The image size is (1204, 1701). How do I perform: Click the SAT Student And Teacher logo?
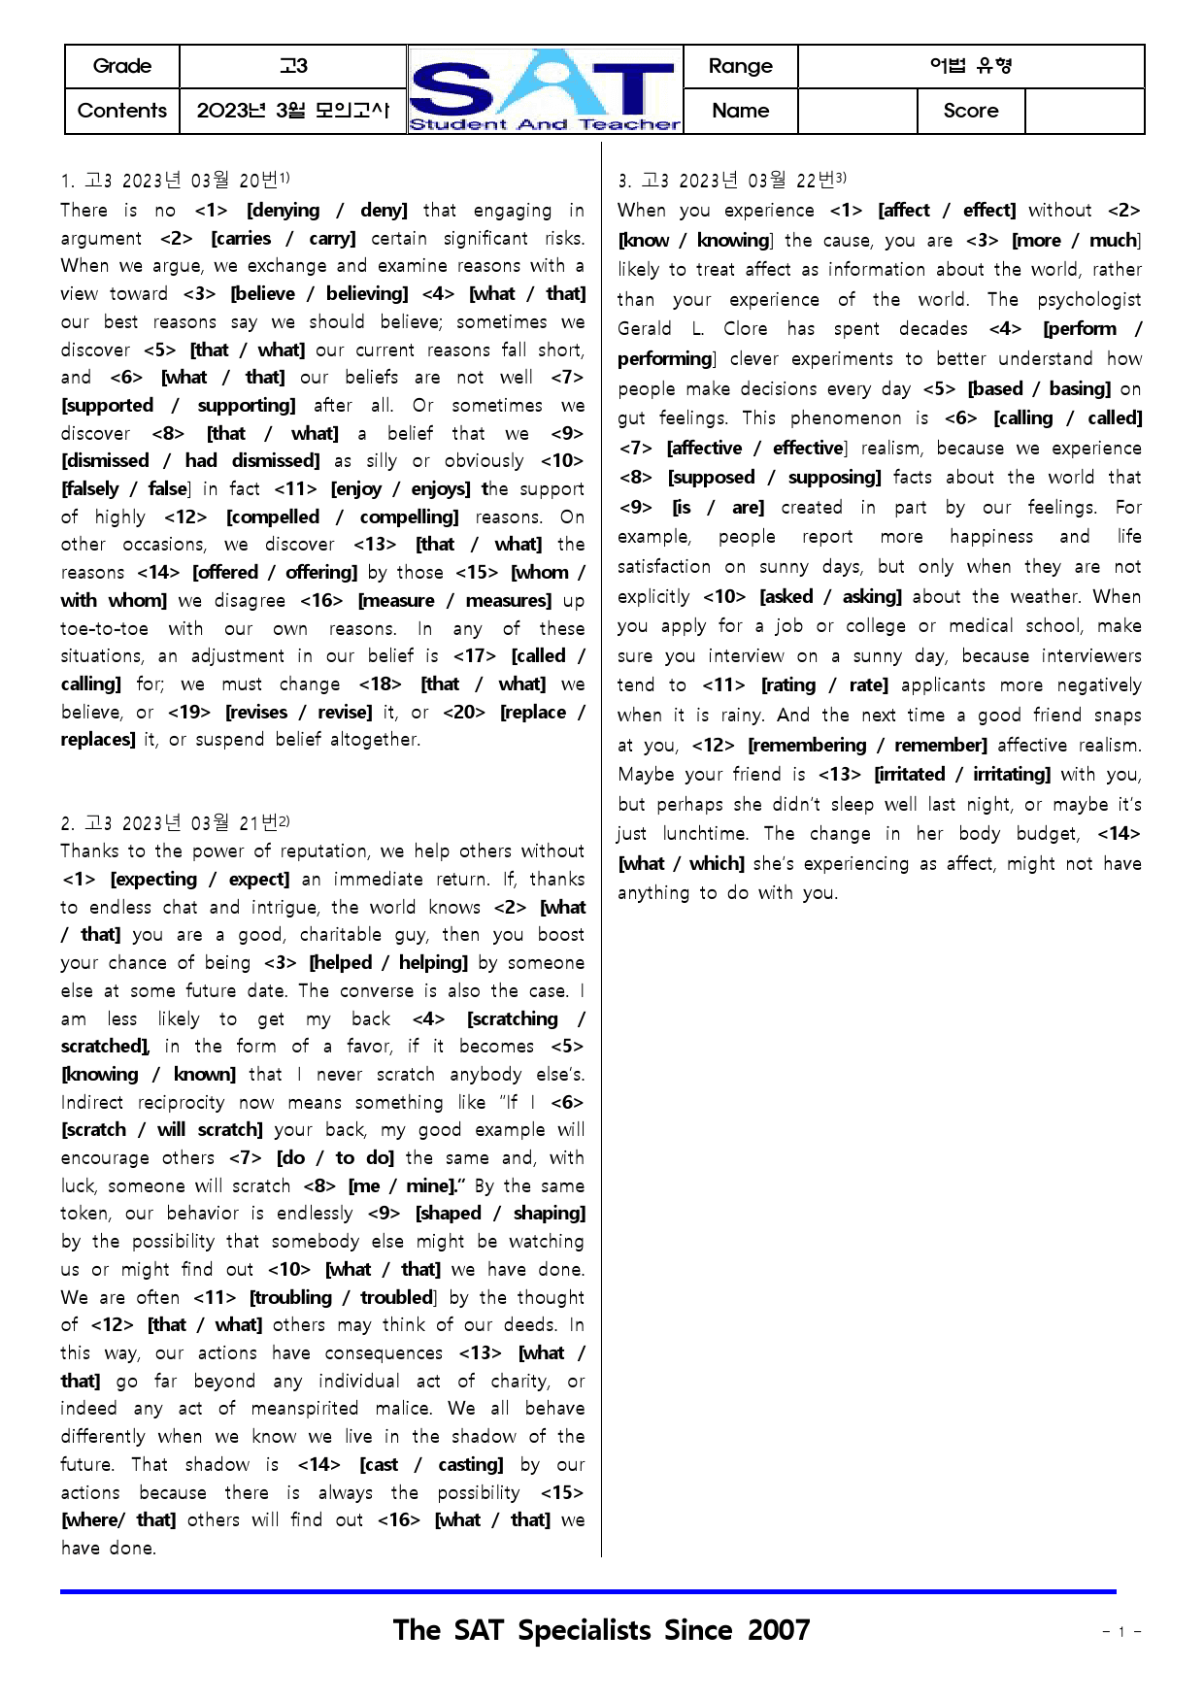545,89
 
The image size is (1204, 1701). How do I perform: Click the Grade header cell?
122,66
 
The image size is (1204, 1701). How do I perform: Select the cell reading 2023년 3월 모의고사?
292,111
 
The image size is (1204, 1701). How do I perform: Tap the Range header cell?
740,66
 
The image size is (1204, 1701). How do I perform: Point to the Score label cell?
970,111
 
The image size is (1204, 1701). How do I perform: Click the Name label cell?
740,111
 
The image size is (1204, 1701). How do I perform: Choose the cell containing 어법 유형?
970,66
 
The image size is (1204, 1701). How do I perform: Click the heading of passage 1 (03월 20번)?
175,181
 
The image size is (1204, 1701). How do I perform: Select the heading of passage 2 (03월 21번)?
175,823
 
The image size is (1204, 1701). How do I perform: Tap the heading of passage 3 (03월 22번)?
732,181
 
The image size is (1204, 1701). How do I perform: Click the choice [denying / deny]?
326,211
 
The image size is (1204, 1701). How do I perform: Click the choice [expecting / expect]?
200,880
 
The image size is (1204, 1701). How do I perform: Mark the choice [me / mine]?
402,1186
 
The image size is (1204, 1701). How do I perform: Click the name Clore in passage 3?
745,329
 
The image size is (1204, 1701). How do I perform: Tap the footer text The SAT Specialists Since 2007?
601,1630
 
